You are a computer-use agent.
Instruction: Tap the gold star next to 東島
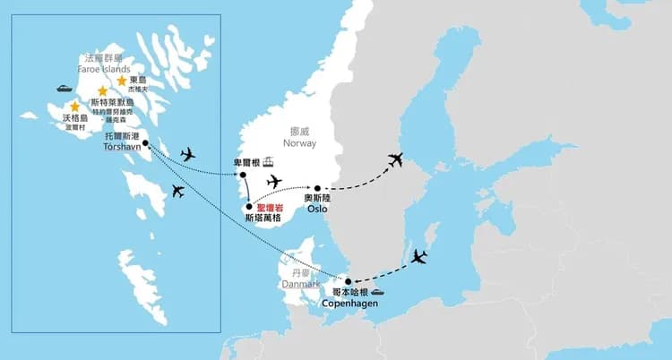pyautogui.click(x=122, y=81)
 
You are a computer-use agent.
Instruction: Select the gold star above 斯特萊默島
pyautogui.click(x=102, y=90)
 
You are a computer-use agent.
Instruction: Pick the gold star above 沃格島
pyautogui.click(x=74, y=107)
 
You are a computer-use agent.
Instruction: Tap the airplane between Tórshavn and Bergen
pyautogui.click(x=187, y=154)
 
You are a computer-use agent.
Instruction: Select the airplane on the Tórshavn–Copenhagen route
pyautogui.click(x=177, y=190)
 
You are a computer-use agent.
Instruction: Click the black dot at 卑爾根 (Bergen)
pyautogui.click(x=243, y=175)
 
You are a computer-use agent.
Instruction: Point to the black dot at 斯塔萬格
pyautogui.click(x=248, y=208)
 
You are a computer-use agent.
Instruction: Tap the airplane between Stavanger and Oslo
pyautogui.click(x=274, y=182)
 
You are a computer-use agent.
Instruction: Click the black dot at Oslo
pyautogui.click(x=317, y=189)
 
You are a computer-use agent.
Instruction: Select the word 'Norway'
pyautogui.click(x=298, y=142)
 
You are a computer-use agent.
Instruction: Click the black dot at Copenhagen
pyautogui.click(x=349, y=281)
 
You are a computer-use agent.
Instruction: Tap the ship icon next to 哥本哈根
pyautogui.click(x=378, y=291)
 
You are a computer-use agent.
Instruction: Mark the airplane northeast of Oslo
pyautogui.click(x=395, y=160)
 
